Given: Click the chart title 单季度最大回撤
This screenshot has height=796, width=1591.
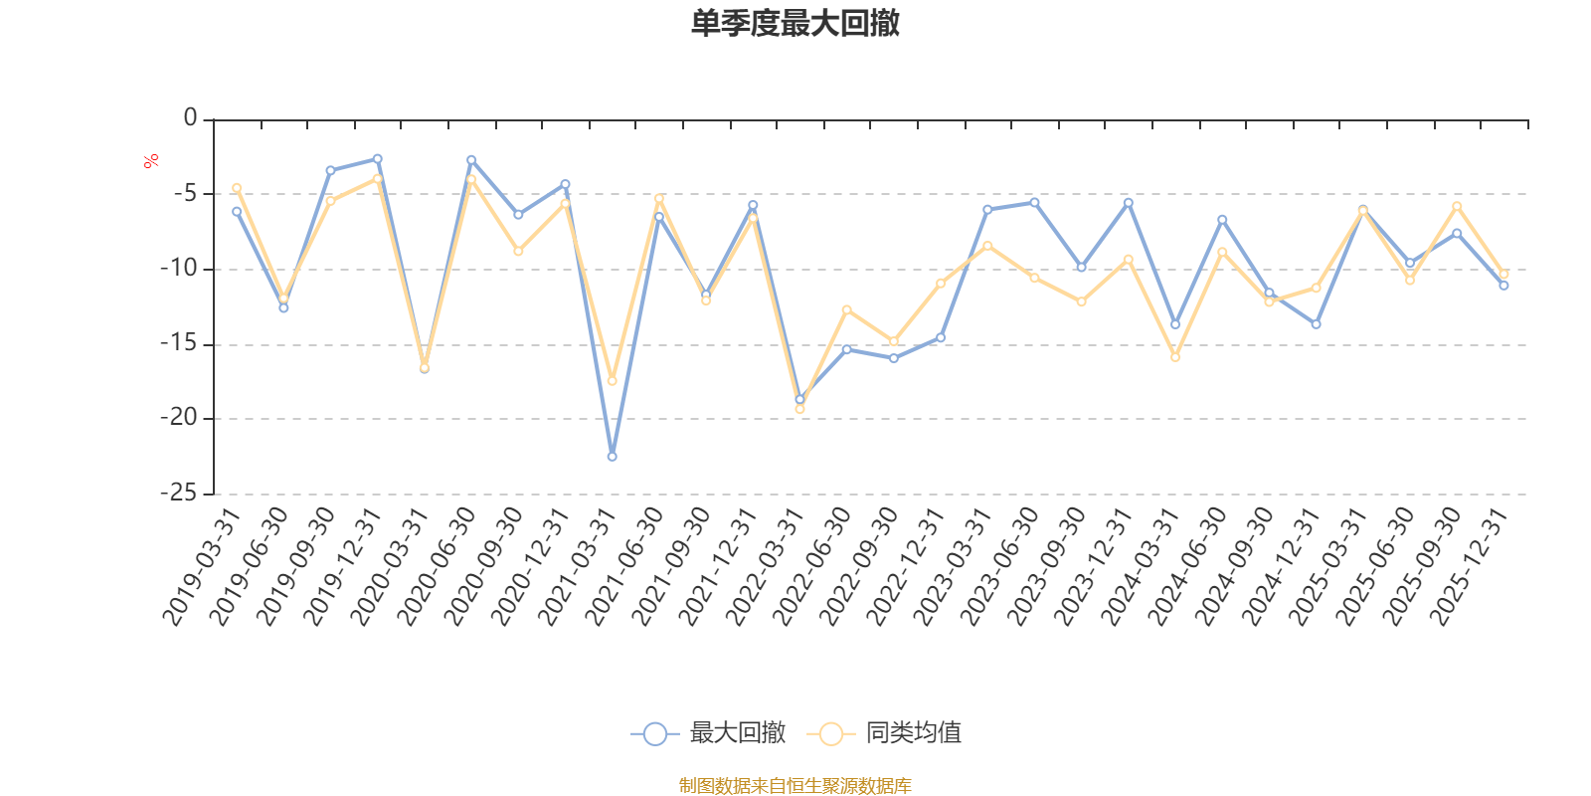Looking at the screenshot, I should pos(795,23).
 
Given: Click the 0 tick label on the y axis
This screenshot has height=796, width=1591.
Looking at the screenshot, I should pos(190,118).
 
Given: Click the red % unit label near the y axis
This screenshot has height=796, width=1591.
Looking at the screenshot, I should pos(151,161).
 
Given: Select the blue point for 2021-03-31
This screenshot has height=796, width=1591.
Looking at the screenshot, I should pos(612,457).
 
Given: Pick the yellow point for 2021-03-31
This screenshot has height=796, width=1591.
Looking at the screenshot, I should pos(612,381).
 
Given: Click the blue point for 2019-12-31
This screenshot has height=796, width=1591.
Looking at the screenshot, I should pos(377,158).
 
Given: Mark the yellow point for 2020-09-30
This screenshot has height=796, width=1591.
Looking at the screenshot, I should pos(518,251).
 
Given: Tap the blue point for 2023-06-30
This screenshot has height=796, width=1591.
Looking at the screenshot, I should pos(1034,202).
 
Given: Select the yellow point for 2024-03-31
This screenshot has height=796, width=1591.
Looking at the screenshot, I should pos(1175,356).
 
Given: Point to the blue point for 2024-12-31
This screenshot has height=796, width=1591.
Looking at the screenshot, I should pos(1316,324).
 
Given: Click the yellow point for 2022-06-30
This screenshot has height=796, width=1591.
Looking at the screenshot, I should pos(846,309).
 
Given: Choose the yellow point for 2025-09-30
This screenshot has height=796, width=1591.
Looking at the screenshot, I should pos(1457,206).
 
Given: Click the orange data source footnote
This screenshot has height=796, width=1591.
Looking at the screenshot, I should pos(795,786).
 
